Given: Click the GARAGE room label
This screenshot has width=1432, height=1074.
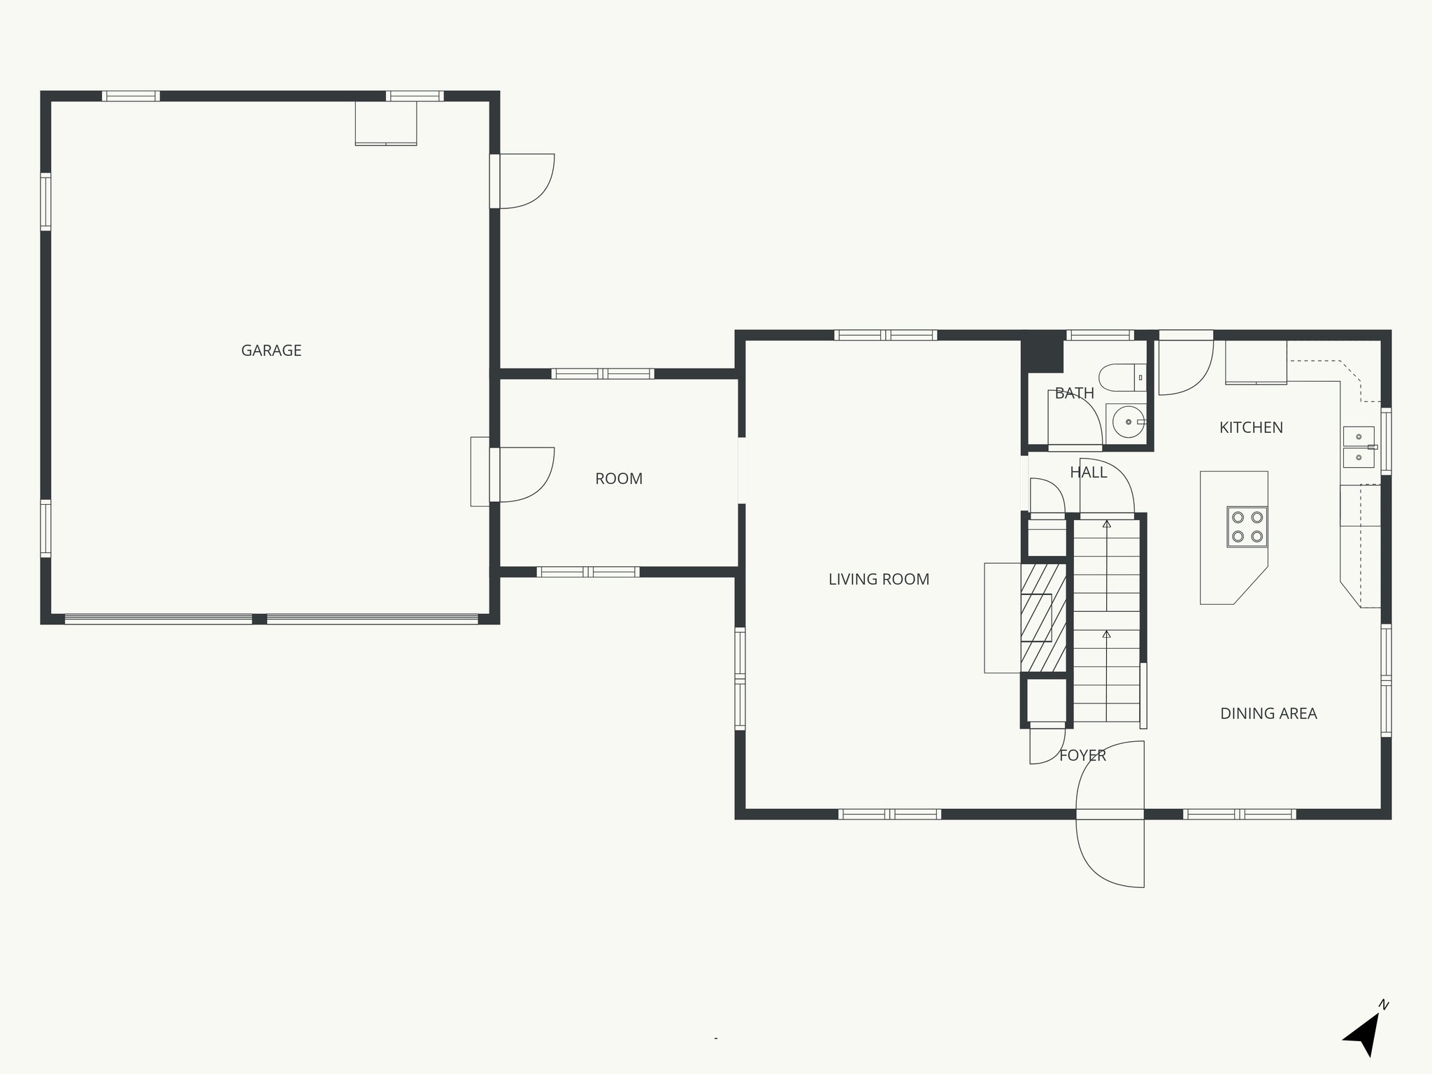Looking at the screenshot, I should click(x=271, y=350).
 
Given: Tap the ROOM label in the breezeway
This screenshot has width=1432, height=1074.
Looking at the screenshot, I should click(x=618, y=479).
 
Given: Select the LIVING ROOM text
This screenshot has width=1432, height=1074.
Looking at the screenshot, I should click(x=878, y=579).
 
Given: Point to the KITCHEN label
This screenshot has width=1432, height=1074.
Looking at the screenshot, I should click(x=1251, y=427).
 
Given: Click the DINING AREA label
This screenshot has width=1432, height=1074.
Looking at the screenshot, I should click(x=1268, y=713).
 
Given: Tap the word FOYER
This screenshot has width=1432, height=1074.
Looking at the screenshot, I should click(x=1082, y=755).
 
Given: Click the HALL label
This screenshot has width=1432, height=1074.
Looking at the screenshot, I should click(x=1088, y=473).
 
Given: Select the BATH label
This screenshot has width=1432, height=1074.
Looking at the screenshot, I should click(x=1074, y=394).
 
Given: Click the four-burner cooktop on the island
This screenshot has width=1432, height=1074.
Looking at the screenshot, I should click(x=1247, y=527).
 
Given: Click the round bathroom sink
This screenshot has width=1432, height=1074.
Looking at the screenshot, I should click(x=1126, y=422).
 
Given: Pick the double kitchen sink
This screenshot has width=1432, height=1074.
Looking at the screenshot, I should click(x=1359, y=447).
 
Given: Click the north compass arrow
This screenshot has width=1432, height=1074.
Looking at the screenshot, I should click(x=1364, y=1036).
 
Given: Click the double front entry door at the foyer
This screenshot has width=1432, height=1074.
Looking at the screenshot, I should click(x=1110, y=814).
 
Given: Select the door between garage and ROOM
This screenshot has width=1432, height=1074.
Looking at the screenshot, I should click(x=524, y=475).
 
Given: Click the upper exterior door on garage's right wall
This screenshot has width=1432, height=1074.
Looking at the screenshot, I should click(x=524, y=181).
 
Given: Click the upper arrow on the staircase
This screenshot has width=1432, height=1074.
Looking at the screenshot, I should click(x=1106, y=524).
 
